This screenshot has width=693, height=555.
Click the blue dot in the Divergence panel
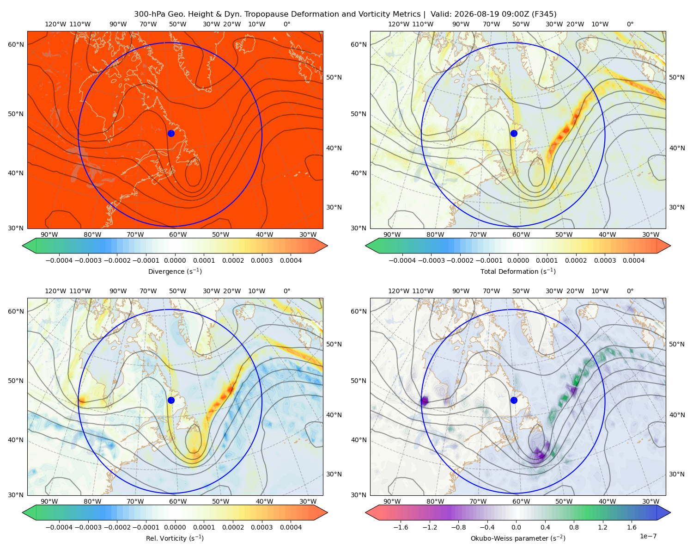click(x=171, y=133)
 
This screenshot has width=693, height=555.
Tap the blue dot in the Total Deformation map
click(x=514, y=133)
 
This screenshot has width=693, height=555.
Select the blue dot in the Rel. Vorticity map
click(x=171, y=400)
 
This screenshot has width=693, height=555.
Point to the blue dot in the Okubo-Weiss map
click(x=514, y=400)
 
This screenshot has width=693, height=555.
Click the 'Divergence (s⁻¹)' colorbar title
click(x=175, y=271)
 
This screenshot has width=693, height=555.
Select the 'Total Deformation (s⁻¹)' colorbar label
click(x=518, y=271)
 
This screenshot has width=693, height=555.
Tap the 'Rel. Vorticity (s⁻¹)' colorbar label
click(x=175, y=538)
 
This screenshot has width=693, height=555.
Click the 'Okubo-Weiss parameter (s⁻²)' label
click(x=518, y=538)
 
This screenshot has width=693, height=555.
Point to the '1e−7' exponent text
click(x=648, y=536)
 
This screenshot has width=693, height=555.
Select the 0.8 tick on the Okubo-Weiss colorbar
click(x=574, y=527)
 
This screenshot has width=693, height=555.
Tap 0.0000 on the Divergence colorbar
click(x=175, y=260)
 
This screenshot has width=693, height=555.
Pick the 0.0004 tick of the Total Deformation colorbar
click(x=634, y=260)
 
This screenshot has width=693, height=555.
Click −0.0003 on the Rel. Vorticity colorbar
click(x=88, y=527)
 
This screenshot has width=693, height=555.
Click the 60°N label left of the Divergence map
click(x=16, y=44)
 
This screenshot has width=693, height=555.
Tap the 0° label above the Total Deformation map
click(x=630, y=24)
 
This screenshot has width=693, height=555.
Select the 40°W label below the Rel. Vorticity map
click(x=264, y=501)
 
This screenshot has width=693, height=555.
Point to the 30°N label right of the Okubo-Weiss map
click(x=677, y=474)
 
